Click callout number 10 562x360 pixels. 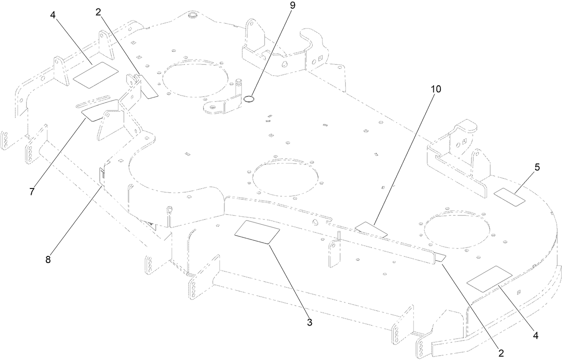pyautogui.click(x=436, y=89)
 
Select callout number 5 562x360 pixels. pyautogui.click(x=537, y=167)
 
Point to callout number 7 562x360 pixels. pyautogui.click(x=32, y=191)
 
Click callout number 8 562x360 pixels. pyautogui.click(x=47, y=259)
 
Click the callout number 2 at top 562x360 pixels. pyautogui.click(x=99, y=13)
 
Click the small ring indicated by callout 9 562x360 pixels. pyautogui.click(x=250, y=98)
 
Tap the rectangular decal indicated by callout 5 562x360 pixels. pyautogui.click(x=510, y=197)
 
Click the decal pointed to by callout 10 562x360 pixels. pyautogui.click(x=371, y=229)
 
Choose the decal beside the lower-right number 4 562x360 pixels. pyautogui.click(x=489, y=279)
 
